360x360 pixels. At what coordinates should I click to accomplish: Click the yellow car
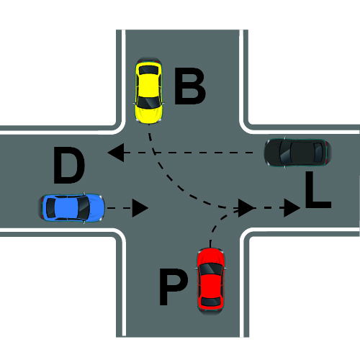coord(149,91)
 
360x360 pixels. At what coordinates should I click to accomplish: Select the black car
coord(297,153)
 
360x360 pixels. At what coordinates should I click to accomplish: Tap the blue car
coord(71,208)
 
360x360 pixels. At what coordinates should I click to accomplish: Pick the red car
coord(210,281)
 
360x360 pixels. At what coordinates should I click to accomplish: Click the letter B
coord(189,86)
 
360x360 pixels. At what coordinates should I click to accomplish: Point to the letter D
coord(69,165)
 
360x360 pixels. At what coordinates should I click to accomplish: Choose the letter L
coord(318,189)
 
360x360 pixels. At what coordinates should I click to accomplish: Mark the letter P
coord(174,287)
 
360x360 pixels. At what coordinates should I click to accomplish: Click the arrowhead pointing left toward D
coord(116,153)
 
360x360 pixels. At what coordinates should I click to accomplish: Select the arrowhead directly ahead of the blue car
coord(140,208)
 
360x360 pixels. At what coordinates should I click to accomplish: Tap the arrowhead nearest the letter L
coord(292,208)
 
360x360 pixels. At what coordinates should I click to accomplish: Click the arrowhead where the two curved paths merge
coord(246,208)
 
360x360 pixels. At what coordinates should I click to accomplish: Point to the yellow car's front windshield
coord(149,102)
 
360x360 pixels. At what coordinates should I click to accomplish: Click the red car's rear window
coord(210,301)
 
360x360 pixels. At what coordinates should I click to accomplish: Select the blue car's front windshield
coord(84,208)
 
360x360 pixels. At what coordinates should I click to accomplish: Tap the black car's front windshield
coord(286,153)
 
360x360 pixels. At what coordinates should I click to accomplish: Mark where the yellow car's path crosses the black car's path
coord(154,153)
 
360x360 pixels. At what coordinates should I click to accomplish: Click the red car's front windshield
coord(210,269)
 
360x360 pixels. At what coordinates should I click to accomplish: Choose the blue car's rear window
coord(50,208)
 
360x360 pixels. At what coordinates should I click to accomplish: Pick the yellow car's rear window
coord(149,70)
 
